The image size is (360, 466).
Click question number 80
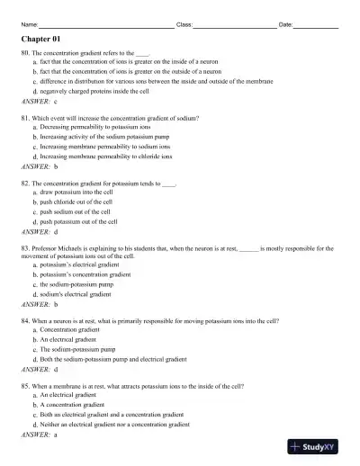[x=25, y=54]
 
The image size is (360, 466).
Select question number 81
[x=25, y=118]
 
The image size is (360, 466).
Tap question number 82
[x=25, y=182]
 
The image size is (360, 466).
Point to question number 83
[x=25, y=246]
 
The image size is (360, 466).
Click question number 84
[x=25, y=319]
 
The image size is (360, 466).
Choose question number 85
[x=25, y=384]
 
